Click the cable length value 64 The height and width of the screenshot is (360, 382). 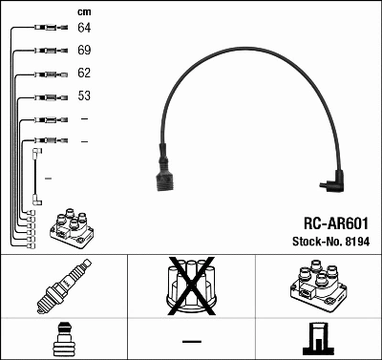(x=84, y=29)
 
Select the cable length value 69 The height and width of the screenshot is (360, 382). (x=84, y=51)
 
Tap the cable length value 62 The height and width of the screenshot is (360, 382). (x=84, y=74)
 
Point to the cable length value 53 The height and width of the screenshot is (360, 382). (x=84, y=96)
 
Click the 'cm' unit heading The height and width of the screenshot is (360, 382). (x=83, y=11)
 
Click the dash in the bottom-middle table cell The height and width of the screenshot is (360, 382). (x=191, y=340)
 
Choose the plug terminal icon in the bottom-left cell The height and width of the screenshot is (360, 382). (x=63, y=339)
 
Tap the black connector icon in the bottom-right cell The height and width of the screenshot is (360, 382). (x=317, y=339)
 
